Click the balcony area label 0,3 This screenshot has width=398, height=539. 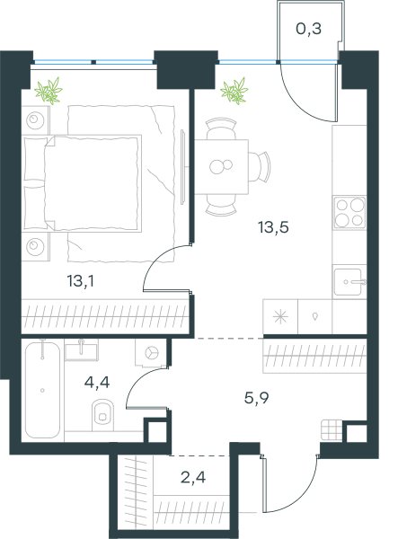coord(309,29)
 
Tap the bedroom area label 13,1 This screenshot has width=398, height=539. coord(81,281)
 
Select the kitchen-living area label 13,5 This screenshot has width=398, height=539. coord(274,227)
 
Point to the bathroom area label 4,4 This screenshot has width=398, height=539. coord(97,382)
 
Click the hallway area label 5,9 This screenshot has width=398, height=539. coord(256,398)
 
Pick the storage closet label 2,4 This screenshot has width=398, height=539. coord(193,477)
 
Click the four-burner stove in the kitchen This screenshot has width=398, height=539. coord(349,213)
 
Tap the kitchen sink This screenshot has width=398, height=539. coord(349,282)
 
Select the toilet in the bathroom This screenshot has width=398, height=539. coord(102,414)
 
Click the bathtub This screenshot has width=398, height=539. coord(42,390)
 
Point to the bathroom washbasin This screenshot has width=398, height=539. coord(81,349)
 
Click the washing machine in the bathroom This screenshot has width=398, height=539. coord(151,353)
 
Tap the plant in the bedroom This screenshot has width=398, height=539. coord(49,91)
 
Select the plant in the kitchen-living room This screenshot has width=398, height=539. coord(234,91)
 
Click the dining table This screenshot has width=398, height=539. coord(221,167)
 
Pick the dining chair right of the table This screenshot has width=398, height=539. coord(260,167)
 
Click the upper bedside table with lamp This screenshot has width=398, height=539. coord(35,120)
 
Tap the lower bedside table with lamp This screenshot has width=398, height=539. coord(35,246)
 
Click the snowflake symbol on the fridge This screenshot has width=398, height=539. coord(280,317)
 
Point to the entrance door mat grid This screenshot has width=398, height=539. coord(332,430)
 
